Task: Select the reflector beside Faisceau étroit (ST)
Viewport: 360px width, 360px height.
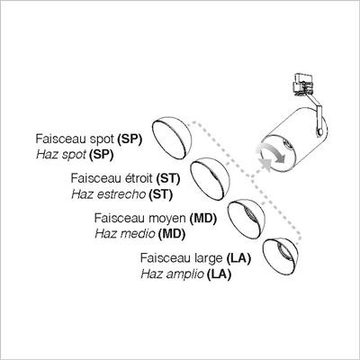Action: [210, 179]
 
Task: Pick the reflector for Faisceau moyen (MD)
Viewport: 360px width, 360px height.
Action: [247, 219]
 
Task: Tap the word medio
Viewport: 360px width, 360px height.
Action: [139, 234]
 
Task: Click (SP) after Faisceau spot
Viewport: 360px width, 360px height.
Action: [130, 139]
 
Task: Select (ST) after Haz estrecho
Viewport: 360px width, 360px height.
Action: [161, 194]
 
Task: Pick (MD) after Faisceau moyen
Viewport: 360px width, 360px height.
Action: [203, 218]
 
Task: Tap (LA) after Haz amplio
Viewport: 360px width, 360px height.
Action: [219, 274]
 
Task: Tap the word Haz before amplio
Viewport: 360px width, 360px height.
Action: [151, 274]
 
